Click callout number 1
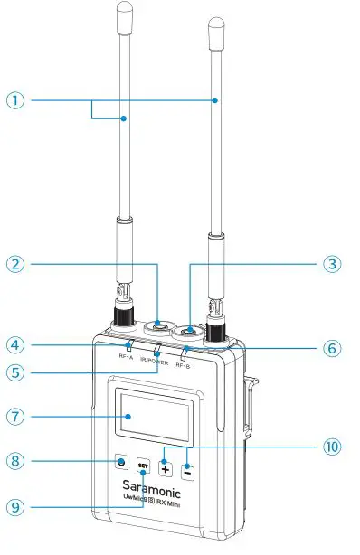(16, 101)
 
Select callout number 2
(16, 265)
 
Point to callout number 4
(16, 343)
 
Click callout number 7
(16, 418)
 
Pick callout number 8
(16, 461)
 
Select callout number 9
(16, 508)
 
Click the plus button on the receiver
(166, 468)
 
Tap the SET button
(142, 466)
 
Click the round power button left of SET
(120, 462)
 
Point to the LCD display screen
(151, 417)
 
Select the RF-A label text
(126, 356)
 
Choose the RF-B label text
(184, 364)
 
